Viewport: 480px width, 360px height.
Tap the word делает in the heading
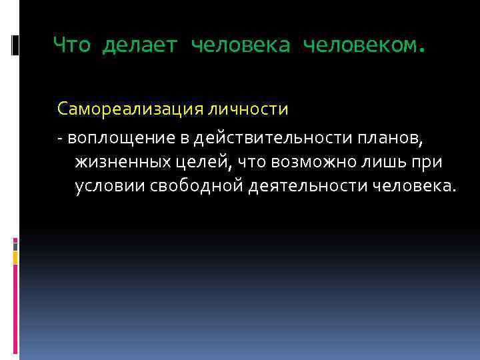pos(140,45)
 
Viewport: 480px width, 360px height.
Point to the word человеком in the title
pos(363,45)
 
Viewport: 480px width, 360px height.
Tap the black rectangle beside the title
pos(16,45)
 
